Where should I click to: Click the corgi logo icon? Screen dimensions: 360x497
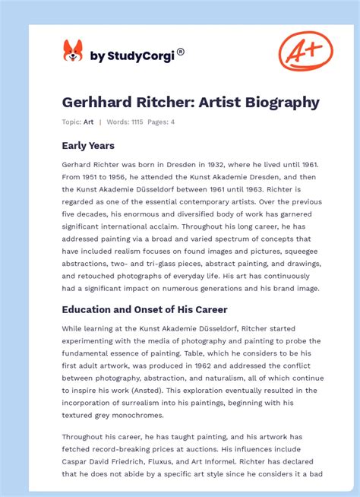point(72,51)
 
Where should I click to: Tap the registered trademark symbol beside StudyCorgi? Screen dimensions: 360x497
point(180,52)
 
